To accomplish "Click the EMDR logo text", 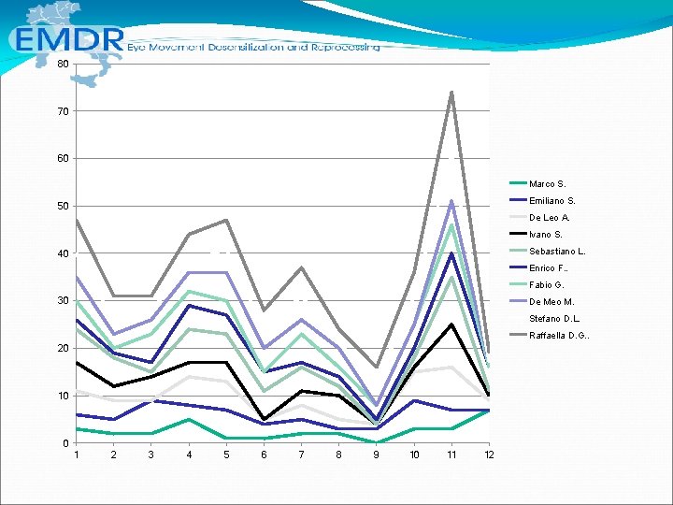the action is [x=69, y=39].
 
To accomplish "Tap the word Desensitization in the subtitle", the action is [x=245, y=47].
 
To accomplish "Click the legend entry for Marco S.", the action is [x=537, y=184].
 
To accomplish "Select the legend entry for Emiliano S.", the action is [x=542, y=200].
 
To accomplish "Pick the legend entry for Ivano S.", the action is [x=536, y=235].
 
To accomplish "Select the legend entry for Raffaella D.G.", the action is [x=550, y=335].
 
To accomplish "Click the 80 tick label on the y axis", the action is [x=63, y=64].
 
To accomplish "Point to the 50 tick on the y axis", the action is [x=63, y=206].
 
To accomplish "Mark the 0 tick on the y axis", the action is [x=65, y=443].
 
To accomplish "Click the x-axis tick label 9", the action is [x=377, y=454].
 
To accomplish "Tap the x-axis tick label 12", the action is [x=489, y=454].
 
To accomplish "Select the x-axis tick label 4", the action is [x=189, y=454].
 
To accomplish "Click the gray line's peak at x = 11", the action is [x=451, y=92].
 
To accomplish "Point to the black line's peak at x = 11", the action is [x=451, y=325].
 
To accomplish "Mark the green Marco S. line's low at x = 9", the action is [x=377, y=442].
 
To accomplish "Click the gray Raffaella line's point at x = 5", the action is [x=226, y=220].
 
